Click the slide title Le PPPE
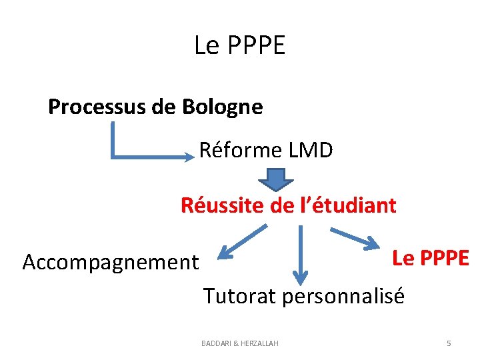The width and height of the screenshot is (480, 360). point(239,45)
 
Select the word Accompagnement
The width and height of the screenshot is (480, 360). point(111,263)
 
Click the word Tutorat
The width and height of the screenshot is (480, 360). point(239,295)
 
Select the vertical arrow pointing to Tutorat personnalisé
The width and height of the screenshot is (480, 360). point(301,253)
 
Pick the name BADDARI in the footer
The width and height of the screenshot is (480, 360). point(218,343)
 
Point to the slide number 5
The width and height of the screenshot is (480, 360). point(449,343)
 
